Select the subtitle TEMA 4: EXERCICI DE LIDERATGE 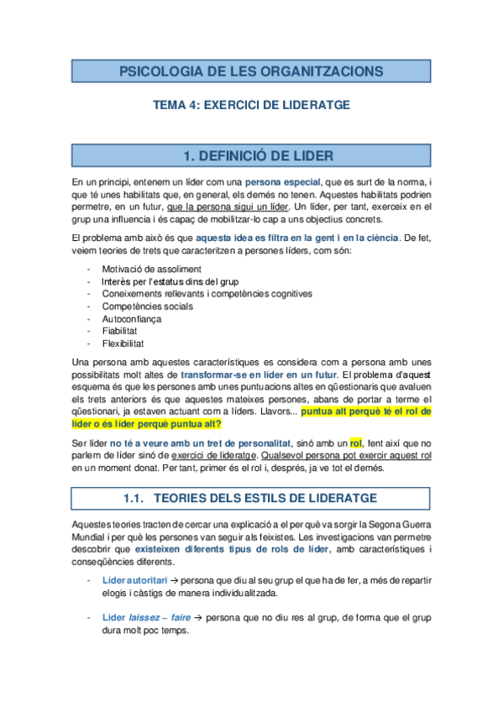click(x=250, y=105)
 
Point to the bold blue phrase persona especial click(x=283, y=181)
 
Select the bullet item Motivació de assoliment click(x=152, y=269)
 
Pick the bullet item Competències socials click(x=148, y=306)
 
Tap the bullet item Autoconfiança click(x=134, y=319)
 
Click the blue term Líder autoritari click(x=134, y=580)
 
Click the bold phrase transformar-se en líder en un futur click(x=260, y=374)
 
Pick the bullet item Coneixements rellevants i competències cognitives click(x=207, y=294)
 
